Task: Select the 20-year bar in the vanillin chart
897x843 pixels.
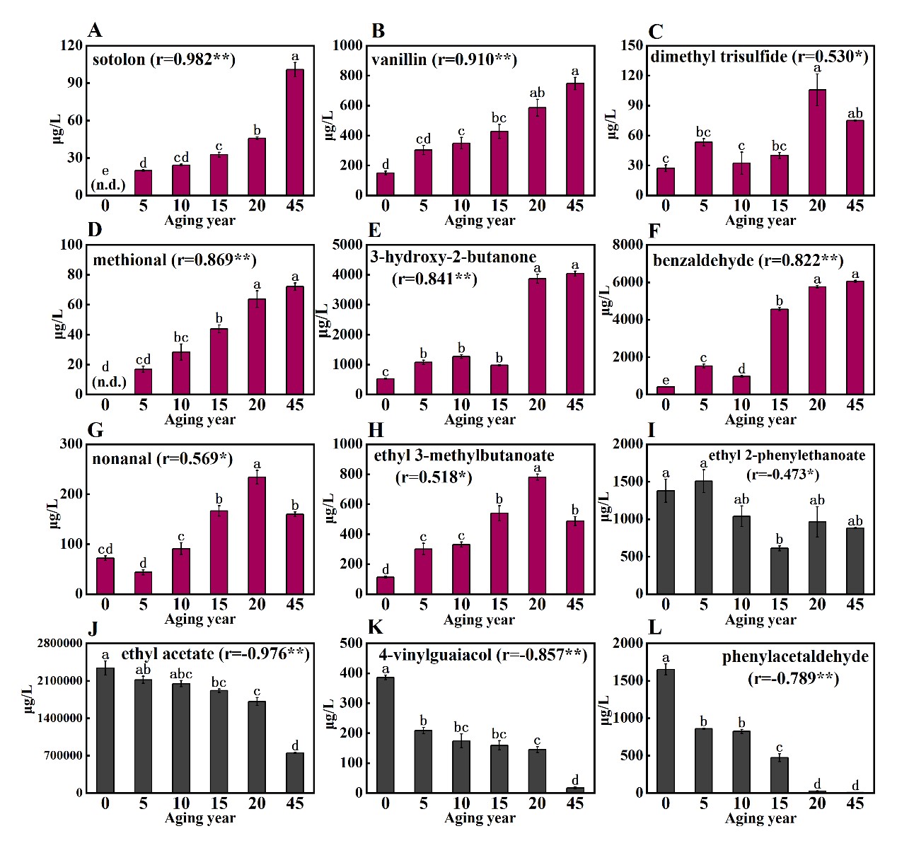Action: [x=537, y=151]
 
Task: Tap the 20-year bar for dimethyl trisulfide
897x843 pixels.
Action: [x=817, y=142]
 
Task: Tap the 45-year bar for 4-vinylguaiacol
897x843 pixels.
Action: [x=575, y=790]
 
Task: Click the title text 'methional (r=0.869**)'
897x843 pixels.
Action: [x=174, y=260]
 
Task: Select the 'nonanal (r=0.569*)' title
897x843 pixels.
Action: [x=163, y=459]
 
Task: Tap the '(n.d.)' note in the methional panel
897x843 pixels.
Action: [x=109, y=383]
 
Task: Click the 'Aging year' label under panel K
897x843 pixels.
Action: [x=480, y=818]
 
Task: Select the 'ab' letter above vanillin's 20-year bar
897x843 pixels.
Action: [x=537, y=93]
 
